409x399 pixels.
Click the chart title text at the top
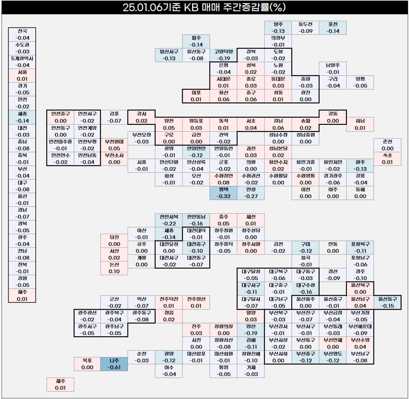point(204,7)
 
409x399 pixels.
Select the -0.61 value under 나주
point(114,367)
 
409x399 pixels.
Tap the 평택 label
point(224,189)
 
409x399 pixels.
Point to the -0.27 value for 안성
point(251,196)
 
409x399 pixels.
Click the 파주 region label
point(196,38)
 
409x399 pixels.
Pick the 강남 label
point(278,121)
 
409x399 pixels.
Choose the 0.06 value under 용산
point(224,99)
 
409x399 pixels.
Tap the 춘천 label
point(387,141)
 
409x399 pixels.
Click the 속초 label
point(387,155)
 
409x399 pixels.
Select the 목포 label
point(87,360)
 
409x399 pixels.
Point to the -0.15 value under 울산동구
point(387,306)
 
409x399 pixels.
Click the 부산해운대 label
point(360,326)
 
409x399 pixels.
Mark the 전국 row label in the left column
point(22,31)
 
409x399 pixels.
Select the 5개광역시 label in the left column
point(22,58)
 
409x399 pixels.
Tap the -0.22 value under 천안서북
point(169,224)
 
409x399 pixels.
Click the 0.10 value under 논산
point(114,271)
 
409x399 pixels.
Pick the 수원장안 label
point(224,175)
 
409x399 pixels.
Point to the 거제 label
point(251,367)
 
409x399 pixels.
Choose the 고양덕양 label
point(224,52)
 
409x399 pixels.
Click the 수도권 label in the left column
point(22,45)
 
